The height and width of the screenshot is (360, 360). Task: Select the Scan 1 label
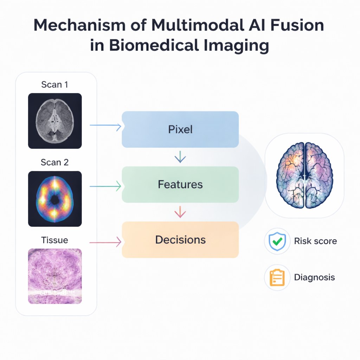(x=54, y=85)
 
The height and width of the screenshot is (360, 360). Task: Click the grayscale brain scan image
(x=55, y=121)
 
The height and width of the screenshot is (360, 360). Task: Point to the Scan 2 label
(x=54, y=162)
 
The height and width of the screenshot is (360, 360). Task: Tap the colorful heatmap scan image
(x=55, y=199)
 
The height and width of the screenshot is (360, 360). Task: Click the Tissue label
(x=54, y=240)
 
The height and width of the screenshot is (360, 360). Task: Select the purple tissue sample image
(x=55, y=276)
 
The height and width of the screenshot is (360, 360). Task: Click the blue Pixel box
(x=180, y=129)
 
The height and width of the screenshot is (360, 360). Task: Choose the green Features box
(x=180, y=185)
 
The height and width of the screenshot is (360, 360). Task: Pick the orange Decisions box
(x=180, y=240)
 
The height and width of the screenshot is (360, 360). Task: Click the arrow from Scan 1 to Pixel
(x=105, y=126)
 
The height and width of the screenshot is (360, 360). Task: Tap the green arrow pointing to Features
(x=105, y=186)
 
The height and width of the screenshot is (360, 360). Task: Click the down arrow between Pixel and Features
(x=180, y=157)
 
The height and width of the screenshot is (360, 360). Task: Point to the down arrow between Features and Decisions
(x=180, y=212)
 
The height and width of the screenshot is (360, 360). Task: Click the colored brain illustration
(x=304, y=175)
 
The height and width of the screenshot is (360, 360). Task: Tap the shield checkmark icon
(x=277, y=241)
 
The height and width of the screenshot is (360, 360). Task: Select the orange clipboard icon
(x=277, y=277)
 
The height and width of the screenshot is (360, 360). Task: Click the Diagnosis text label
(x=314, y=277)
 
